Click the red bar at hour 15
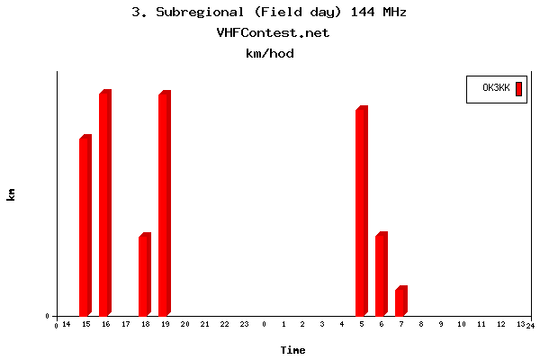coord(85,226)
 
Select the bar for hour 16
coord(105,203)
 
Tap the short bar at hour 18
coord(144,274)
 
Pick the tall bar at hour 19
coord(165,203)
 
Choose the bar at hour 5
coord(362,211)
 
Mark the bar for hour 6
coord(382,274)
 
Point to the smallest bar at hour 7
coord(401,301)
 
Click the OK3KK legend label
coord(496,88)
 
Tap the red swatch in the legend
coord(518,88)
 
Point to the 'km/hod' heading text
coord(270,53)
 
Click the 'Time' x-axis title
coord(292,350)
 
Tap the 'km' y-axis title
coord(11,193)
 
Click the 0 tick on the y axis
coord(47,316)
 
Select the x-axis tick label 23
coord(244,324)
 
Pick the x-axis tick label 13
coord(520,324)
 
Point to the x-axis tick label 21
coord(204,324)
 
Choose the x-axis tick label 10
coord(461,324)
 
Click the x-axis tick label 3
coord(322,324)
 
